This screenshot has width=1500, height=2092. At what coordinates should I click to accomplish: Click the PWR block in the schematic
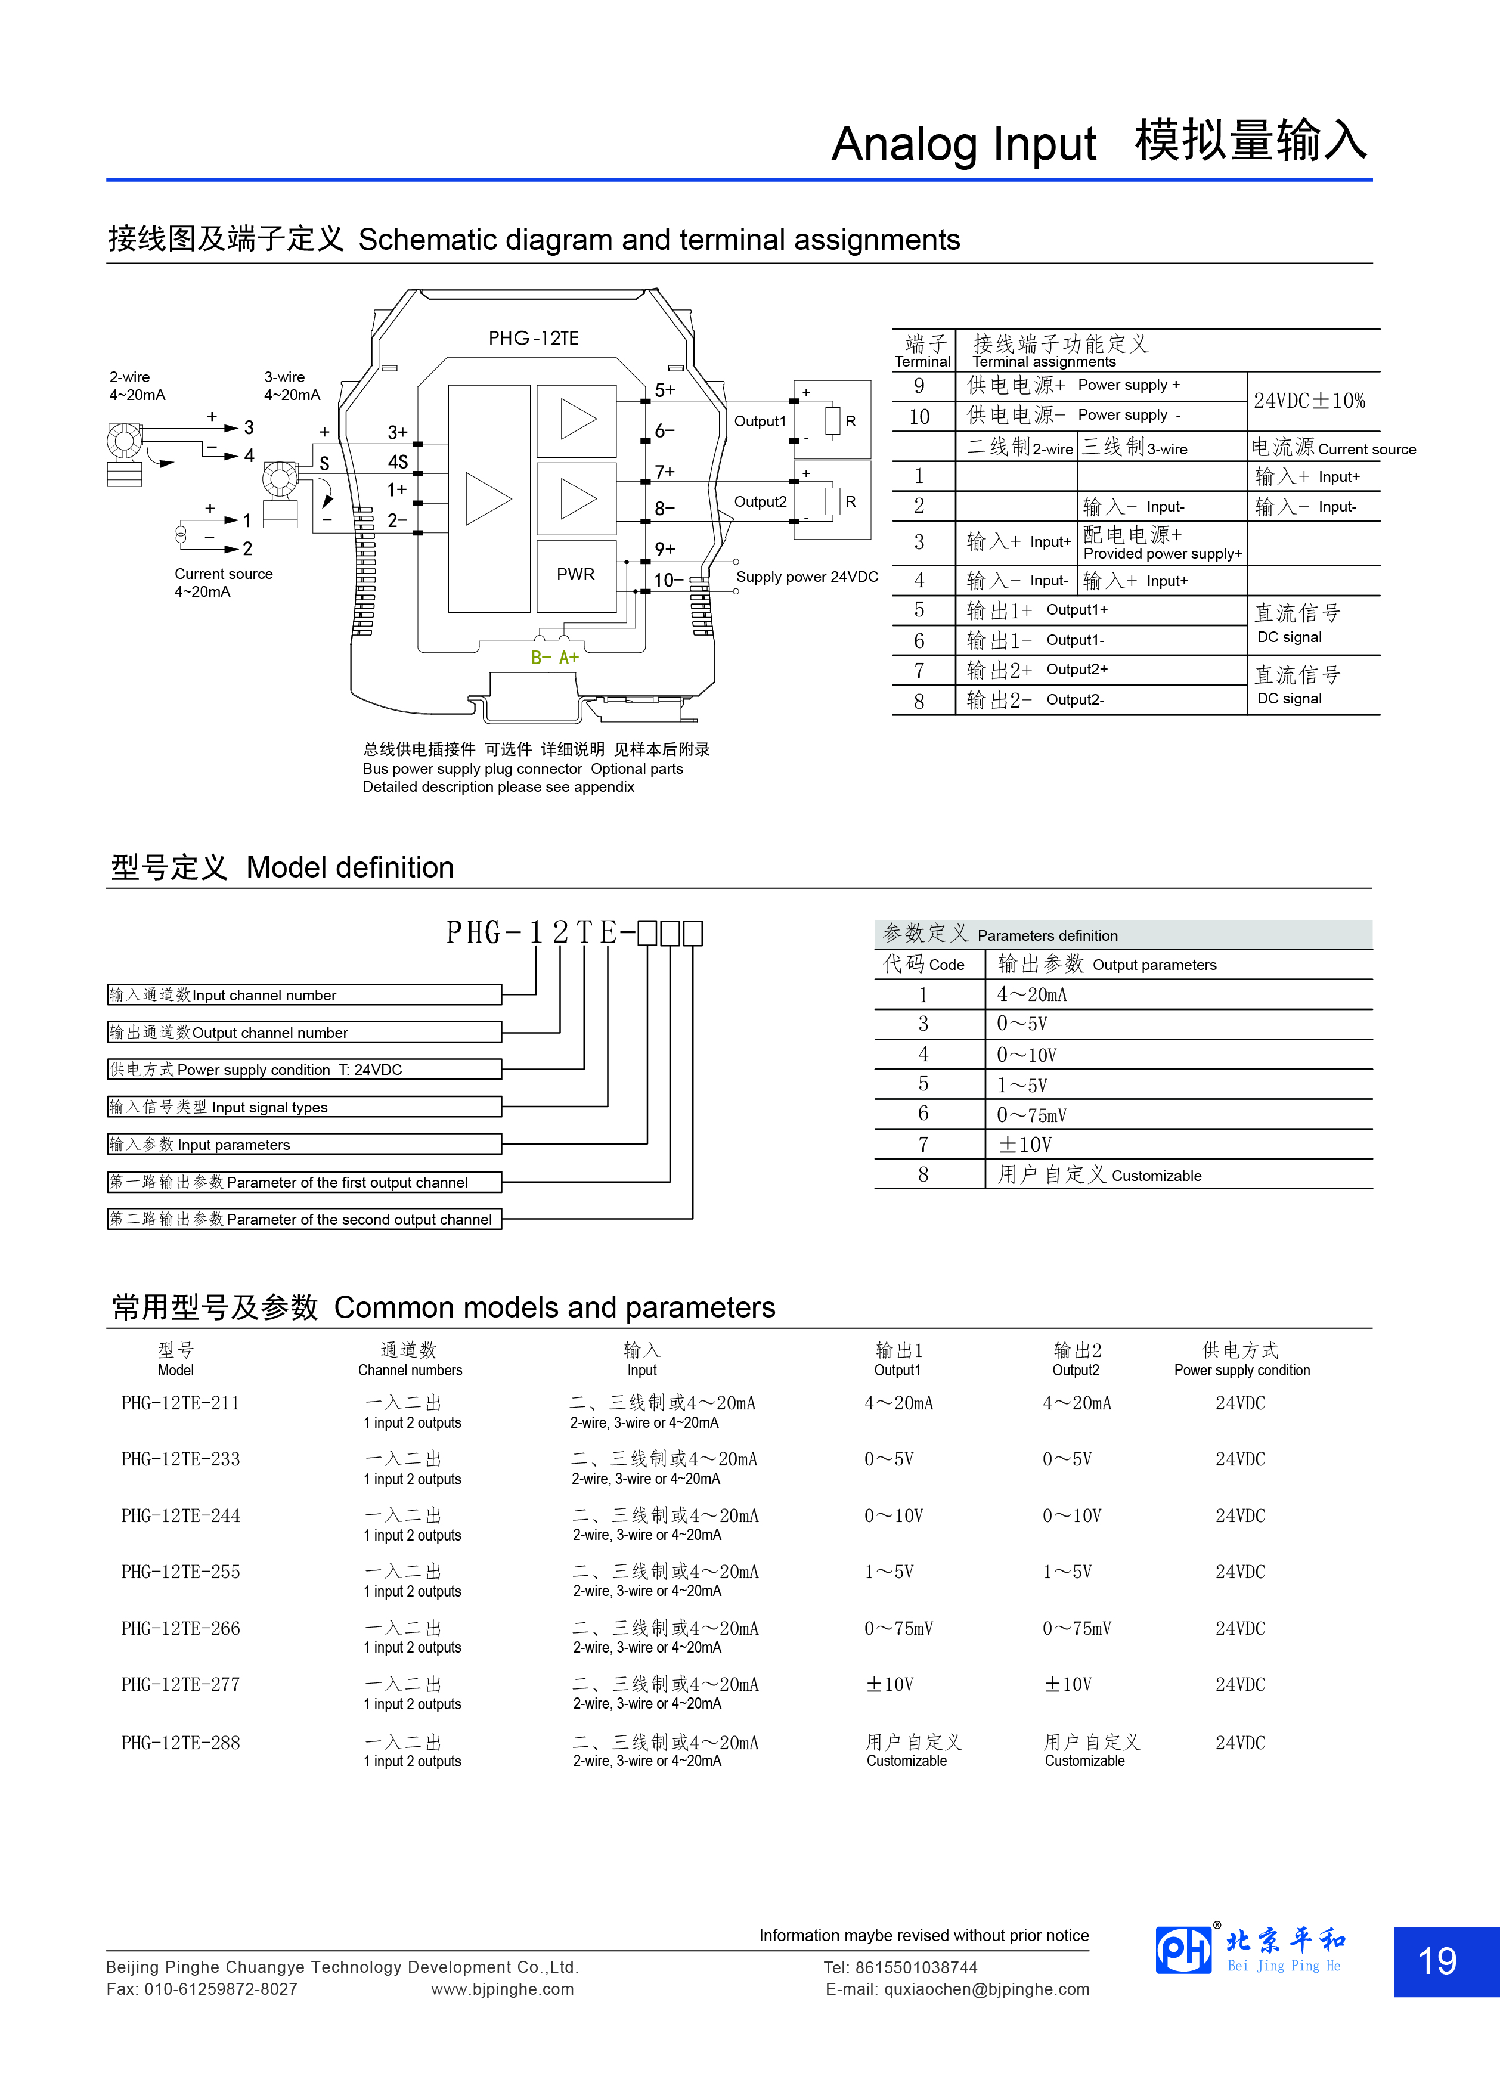[576, 575]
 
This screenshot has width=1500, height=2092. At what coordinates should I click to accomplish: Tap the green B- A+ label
[554, 658]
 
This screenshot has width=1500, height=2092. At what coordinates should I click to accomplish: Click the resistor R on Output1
[833, 421]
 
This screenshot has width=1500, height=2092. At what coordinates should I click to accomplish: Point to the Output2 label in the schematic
[760, 502]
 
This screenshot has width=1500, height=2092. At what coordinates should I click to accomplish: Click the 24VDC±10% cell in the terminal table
[1309, 401]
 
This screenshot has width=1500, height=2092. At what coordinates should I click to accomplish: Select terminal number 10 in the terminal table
[920, 417]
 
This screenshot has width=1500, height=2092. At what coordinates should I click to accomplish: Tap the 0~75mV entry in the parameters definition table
[1031, 1116]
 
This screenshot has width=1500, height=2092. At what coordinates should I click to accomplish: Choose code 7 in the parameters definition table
[923, 1145]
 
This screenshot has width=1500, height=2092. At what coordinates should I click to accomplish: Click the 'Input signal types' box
[305, 1107]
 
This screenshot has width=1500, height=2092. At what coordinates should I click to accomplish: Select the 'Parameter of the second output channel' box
[305, 1219]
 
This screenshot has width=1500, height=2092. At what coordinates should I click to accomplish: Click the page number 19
[1437, 1961]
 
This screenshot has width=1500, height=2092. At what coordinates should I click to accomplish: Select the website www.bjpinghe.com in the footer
[502, 1989]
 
